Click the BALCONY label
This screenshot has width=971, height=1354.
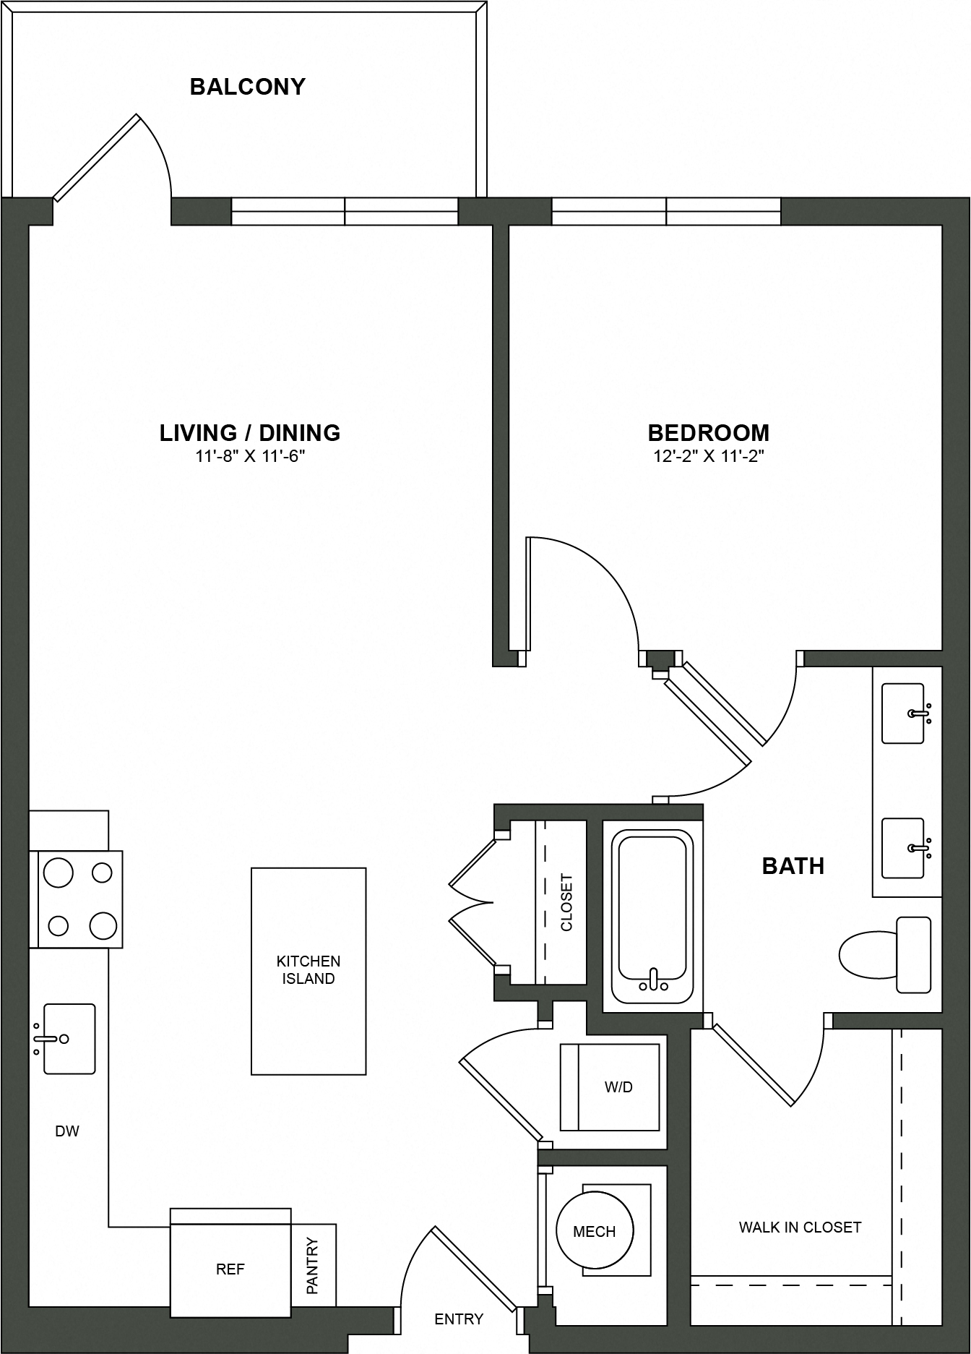click(x=247, y=87)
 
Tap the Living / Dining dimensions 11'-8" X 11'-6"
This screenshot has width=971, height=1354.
click(x=250, y=456)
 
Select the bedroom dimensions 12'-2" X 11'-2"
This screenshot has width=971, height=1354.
click(x=709, y=456)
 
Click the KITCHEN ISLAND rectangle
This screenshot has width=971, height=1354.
click(x=308, y=971)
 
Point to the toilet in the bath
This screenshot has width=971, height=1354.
click(x=885, y=954)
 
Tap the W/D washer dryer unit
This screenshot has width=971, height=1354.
click(x=610, y=1087)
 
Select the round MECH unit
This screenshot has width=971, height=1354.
click(x=595, y=1230)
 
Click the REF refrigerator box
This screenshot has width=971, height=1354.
click(x=230, y=1269)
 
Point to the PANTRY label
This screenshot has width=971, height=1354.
click(x=313, y=1266)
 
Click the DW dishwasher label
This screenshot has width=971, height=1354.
click(x=67, y=1131)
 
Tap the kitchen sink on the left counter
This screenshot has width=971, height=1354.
click(x=68, y=1039)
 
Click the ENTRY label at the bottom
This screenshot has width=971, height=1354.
click(x=459, y=1319)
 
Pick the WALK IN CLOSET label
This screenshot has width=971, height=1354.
click(x=800, y=1227)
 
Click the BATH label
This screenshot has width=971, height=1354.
click(x=793, y=866)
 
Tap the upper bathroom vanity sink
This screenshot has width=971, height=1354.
click(x=903, y=713)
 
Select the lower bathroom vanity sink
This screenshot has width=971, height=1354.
click(x=903, y=847)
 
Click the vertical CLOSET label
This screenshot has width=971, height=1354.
click(x=566, y=902)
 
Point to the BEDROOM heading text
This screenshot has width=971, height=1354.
click(x=709, y=433)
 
